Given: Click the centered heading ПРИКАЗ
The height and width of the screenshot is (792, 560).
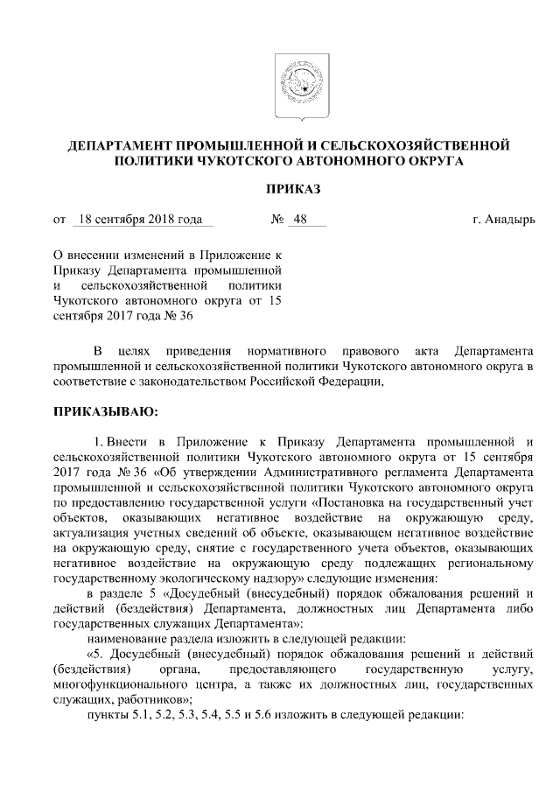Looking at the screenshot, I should click(294, 189).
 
